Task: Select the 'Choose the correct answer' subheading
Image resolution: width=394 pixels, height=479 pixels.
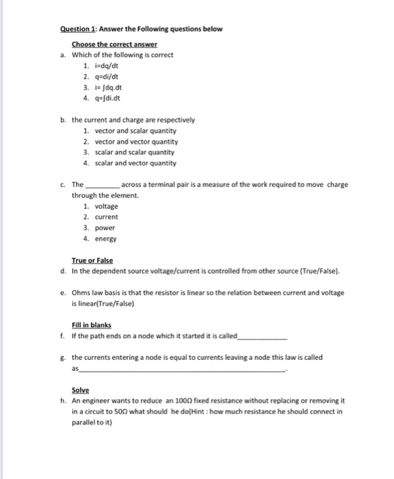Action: pos(114,44)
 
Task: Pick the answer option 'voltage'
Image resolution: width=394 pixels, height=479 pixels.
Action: pos(106,206)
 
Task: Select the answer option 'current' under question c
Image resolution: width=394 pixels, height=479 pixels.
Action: pos(106,217)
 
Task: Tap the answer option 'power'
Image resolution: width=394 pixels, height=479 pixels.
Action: pos(105,228)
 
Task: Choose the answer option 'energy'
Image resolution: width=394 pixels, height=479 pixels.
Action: pos(105,239)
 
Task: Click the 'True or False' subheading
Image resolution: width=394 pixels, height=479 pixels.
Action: pos(93,261)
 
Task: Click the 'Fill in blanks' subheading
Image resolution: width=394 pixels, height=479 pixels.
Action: pos(91,325)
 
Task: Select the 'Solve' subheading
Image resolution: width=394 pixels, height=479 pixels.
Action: pos(81,389)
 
